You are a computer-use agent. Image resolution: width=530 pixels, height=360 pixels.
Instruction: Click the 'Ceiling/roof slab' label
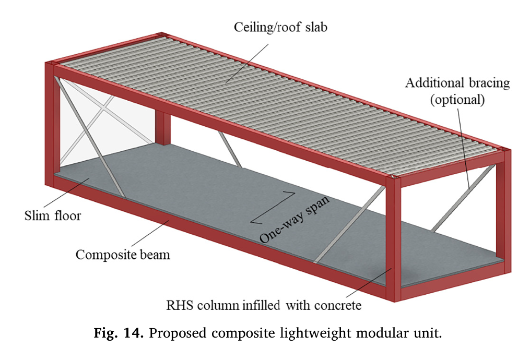point(280,27)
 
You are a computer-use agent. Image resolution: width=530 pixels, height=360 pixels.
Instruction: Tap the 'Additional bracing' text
point(457,83)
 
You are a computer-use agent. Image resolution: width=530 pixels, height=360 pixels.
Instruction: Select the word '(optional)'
point(457,100)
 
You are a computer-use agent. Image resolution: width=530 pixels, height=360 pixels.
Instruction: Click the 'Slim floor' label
point(53,215)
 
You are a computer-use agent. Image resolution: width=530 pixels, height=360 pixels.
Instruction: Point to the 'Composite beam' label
point(123,255)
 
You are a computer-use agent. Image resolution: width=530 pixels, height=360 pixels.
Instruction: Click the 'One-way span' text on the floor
point(294,220)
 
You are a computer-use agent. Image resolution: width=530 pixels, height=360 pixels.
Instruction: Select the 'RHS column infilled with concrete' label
point(264,305)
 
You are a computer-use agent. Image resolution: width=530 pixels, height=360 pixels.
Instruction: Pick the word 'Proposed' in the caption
point(178,333)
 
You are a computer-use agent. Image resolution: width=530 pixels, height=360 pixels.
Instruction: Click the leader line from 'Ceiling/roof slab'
point(247,63)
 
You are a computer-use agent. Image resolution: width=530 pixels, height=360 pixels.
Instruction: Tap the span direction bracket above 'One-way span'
point(273,207)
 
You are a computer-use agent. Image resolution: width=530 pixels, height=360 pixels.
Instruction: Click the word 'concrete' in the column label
point(338,305)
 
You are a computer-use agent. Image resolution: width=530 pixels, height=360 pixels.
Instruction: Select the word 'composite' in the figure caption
point(243,333)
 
